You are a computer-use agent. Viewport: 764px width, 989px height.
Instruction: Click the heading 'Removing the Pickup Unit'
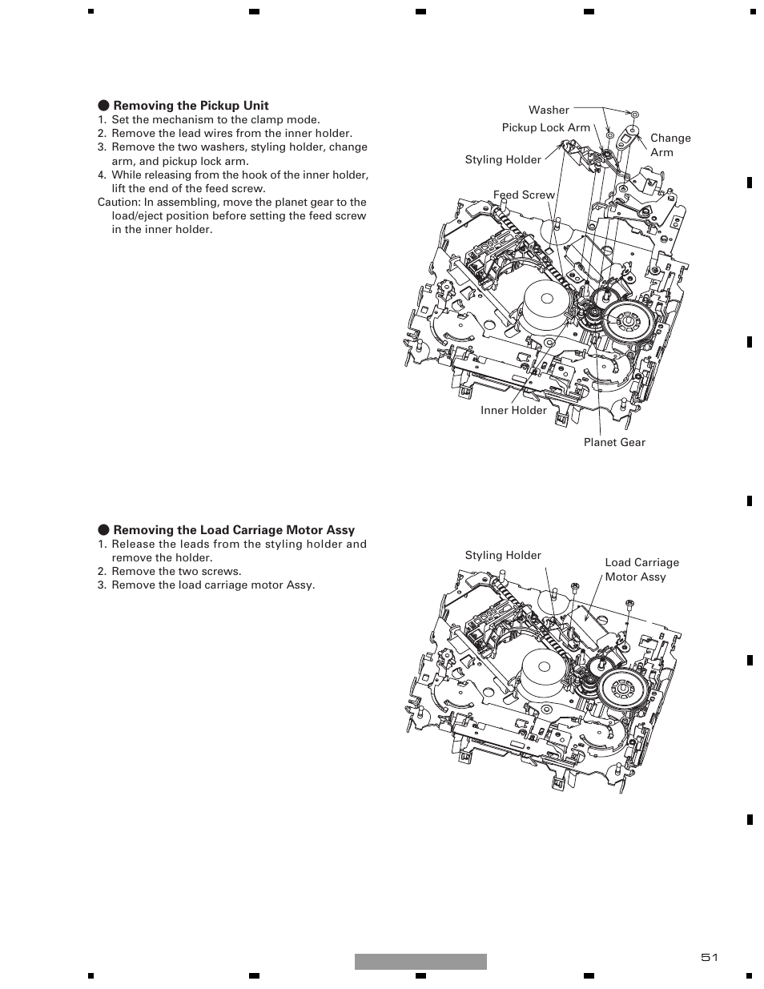pos(191,106)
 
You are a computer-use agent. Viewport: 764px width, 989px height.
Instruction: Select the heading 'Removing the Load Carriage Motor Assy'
pos(234,530)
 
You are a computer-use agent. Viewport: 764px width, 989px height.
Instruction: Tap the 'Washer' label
pos(549,110)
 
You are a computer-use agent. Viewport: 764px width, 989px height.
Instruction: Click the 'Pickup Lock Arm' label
pos(546,127)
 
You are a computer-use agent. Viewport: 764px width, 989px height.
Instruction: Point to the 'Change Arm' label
pos(670,145)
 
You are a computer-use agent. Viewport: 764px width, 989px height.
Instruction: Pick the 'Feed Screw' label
pos(524,195)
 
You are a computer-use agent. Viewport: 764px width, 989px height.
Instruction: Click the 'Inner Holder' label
pos(513,410)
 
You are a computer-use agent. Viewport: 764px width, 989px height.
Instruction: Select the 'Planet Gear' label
pos(614,442)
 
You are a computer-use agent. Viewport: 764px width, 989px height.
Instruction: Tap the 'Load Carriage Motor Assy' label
pos(641,569)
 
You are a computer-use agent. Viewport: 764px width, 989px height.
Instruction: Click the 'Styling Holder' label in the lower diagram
pos(503,555)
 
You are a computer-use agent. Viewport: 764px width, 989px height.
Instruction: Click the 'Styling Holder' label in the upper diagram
pos(503,159)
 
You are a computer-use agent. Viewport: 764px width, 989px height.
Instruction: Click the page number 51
pos(710,958)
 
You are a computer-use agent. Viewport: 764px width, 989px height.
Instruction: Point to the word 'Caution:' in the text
pos(119,202)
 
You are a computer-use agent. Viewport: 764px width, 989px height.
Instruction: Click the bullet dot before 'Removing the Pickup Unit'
pos(104,106)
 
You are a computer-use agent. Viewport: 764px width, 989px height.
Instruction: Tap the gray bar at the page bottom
pos(420,962)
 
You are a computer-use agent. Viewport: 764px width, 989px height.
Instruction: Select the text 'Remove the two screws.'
pos(176,571)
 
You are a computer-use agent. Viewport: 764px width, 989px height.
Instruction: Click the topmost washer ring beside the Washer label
pos(636,114)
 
